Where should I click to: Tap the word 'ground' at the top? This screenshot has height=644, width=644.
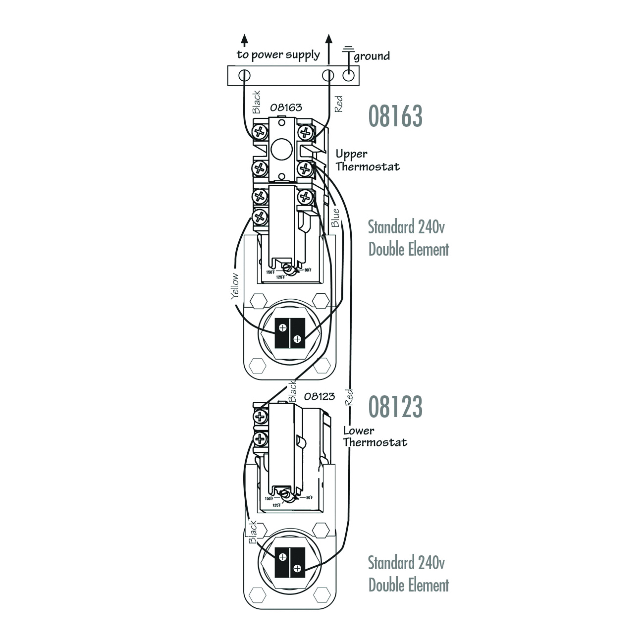click(372, 56)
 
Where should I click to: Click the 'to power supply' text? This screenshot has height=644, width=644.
click(278, 54)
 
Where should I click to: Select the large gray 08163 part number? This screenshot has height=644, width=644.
click(395, 116)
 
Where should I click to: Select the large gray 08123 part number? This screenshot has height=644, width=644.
click(395, 407)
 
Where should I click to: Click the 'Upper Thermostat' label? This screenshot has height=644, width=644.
click(367, 160)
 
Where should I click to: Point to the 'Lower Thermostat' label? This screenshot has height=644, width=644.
click(375, 436)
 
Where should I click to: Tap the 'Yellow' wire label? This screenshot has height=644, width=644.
click(234, 286)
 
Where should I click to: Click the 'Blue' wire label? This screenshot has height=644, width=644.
click(335, 217)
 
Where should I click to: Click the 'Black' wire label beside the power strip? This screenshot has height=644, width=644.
click(256, 102)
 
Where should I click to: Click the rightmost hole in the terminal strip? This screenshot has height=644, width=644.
click(349, 76)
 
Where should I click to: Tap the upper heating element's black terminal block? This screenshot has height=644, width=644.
click(289, 332)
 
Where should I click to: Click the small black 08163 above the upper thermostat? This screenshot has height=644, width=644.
click(286, 107)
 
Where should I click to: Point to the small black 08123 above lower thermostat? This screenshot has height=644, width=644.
click(319, 396)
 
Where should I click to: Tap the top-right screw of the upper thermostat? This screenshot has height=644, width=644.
click(306, 132)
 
